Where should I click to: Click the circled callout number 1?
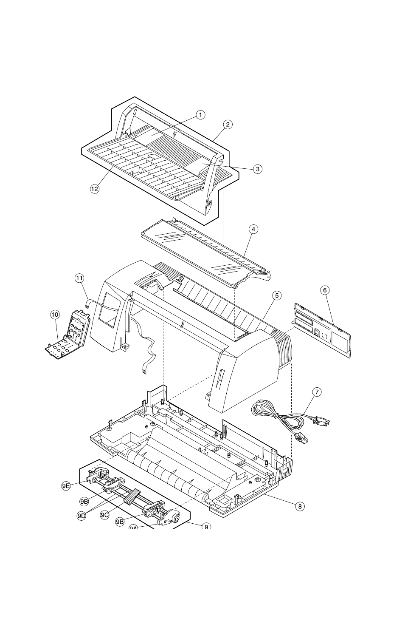click(200, 114)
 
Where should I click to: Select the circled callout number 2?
click(228, 125)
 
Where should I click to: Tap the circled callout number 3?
click(257, 169)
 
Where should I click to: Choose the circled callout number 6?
click(325, 290)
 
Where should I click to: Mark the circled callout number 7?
click(316, 392)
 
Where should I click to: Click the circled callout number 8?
click(300, 506)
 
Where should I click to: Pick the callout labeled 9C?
click(105, 515)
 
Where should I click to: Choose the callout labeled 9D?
click(82, 515)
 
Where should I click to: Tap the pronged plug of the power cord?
click(316, 421)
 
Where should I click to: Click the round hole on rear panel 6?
click(324, 336)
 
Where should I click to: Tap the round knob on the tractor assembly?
click(174, 519)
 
